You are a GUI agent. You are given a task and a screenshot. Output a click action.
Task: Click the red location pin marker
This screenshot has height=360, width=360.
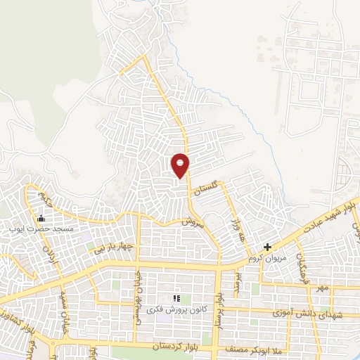click(181, 165)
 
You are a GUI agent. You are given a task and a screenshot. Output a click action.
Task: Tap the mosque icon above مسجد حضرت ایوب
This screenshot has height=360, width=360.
click(40, 219)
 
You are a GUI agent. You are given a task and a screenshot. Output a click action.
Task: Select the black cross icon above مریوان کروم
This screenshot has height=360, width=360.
click(267, 247)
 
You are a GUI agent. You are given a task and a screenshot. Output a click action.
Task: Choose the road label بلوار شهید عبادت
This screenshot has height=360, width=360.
click(331, 212)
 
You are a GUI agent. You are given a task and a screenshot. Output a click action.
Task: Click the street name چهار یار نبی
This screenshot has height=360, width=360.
click(114, 247)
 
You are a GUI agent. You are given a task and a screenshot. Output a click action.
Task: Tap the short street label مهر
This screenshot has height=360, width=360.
click(322, 288)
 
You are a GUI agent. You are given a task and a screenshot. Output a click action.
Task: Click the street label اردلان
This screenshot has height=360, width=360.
click(51, 257)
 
